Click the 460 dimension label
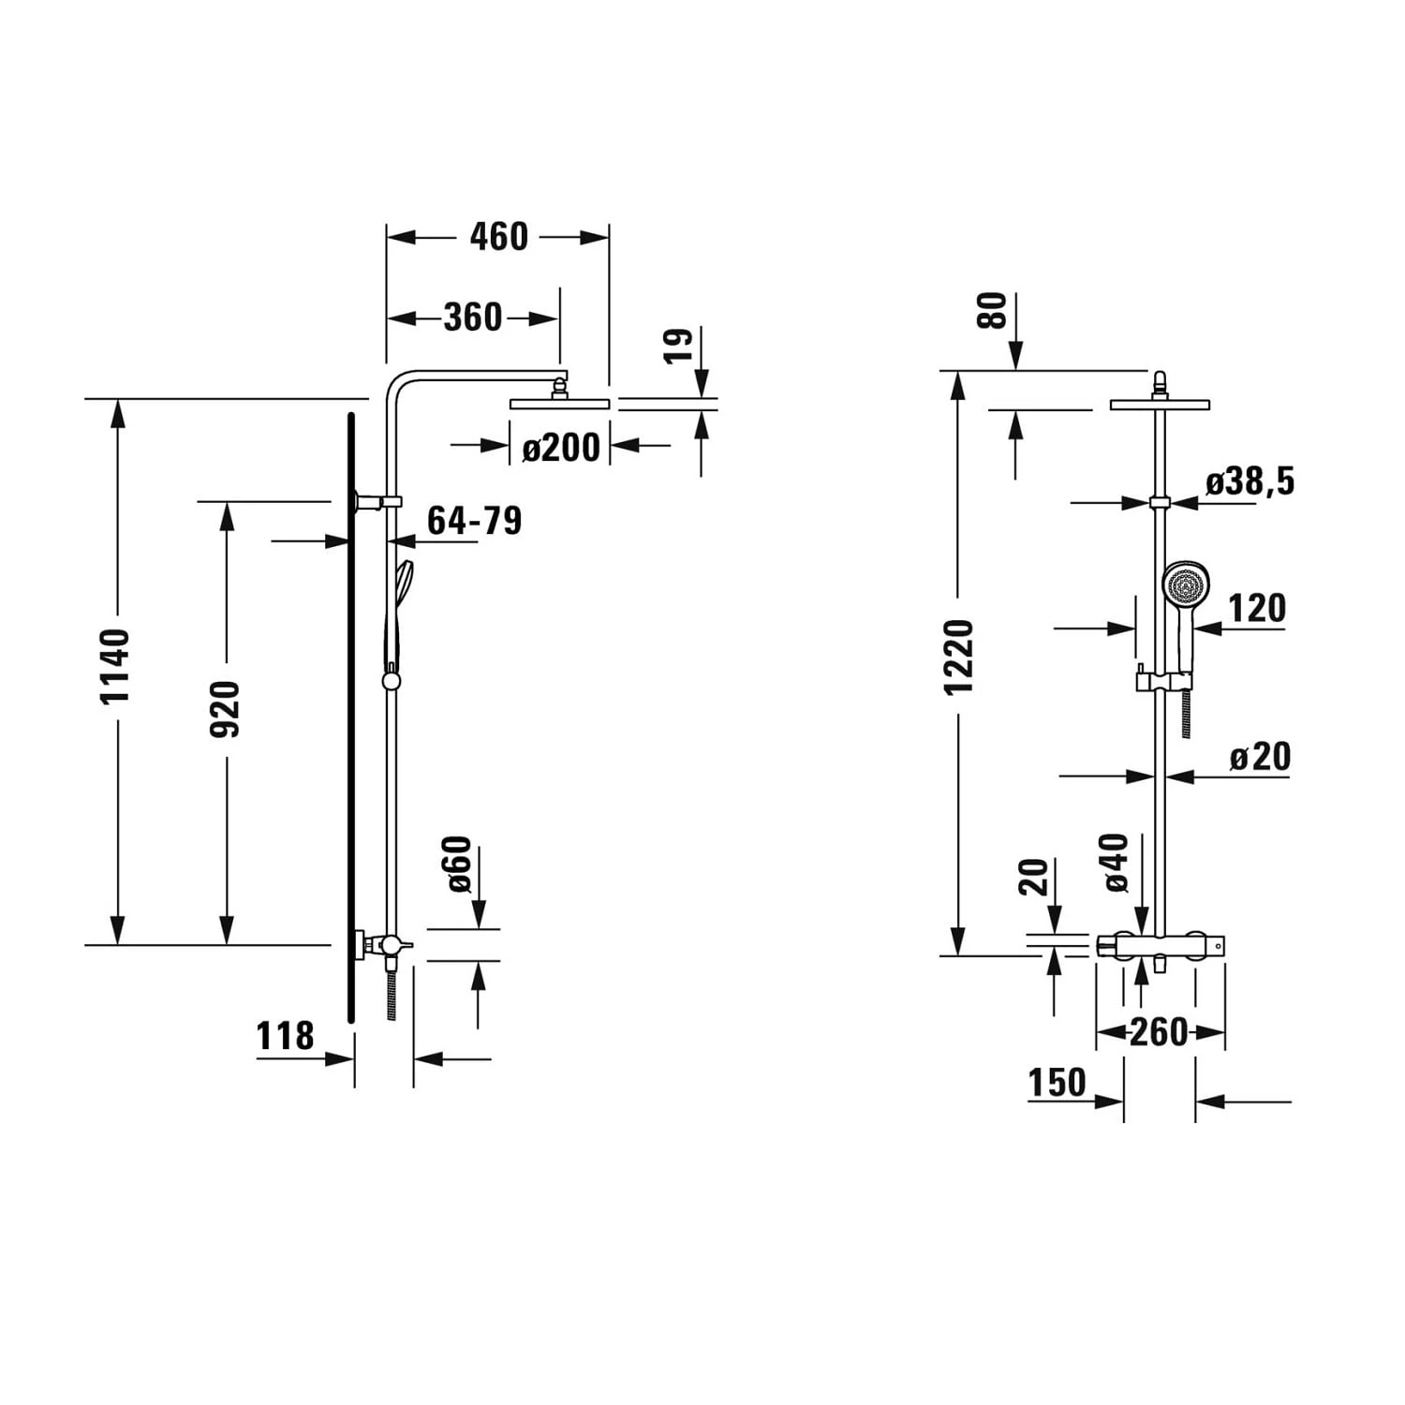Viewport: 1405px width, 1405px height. pyautogui.click(x=498, y=237)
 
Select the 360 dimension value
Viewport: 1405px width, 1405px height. pyautogui.click(x=473, y=318)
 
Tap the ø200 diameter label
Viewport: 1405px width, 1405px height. pyautogui.click(x=560, y=448)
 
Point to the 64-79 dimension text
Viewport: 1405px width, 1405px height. pyautogui.click(x=474, y=521)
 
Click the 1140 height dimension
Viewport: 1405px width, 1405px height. pyautogui.click(x=116, y=667)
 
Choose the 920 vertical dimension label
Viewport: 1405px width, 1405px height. pyautogui.click(x=225, y=709)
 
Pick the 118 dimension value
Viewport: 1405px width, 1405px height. pyautogui.click(x=285, y=1037)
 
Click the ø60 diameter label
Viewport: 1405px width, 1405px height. pyautogui.click(x=458, y=864)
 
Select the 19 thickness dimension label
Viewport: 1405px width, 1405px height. pyautogui.click(x=678, y=345)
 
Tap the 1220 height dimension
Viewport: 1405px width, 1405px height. pyautogui.click(x=958, y=657)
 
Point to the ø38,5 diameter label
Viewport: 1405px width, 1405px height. pyautogui.click(x=1250, y=481)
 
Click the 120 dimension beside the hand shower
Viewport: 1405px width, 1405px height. pyautogui.click(x=1256, y=609)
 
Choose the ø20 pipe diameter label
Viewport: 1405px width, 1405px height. pyautogui.click(x=1260, y=757)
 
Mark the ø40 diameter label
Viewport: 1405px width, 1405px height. pyautogui.click(x=1117, y=862)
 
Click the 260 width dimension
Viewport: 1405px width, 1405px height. pyautogui.click(x=1159, y=1032)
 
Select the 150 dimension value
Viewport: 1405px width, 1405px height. pyautogui.click(x=1057, y=1083)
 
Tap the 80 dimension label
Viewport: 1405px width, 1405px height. pyautogui.click(x=992, y=310)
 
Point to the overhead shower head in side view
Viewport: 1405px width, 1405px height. pyautogui.click(x=559, y=405)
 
